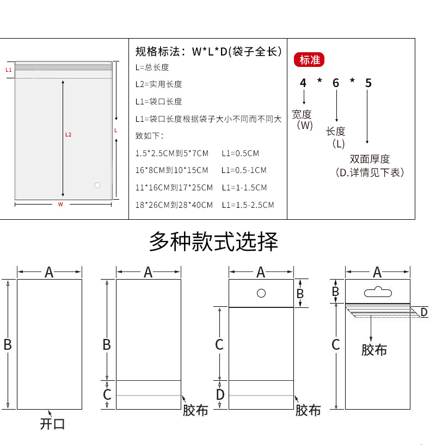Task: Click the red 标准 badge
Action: [310, 60]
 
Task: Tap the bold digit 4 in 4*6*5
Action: [303, 83]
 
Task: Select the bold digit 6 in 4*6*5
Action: [336, 83]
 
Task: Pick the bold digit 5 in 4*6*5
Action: [368, 83]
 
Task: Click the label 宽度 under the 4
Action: [302, 114]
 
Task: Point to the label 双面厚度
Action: [370, 159]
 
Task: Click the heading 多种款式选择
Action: [214, 242]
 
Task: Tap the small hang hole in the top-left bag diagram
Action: [97, 186]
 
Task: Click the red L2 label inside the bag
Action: [68, 134]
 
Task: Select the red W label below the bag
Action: [60, 205]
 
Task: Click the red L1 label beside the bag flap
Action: [8, 70]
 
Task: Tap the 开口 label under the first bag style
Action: [52, 424]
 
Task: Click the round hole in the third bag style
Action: [261, 293]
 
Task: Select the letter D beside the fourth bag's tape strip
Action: [424, 312]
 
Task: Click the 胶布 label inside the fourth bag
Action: [374, 349]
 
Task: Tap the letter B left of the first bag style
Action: [8, 344]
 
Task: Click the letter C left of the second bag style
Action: [107, 394]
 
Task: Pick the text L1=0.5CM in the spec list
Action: [240, 153]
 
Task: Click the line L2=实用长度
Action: [158, 84]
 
